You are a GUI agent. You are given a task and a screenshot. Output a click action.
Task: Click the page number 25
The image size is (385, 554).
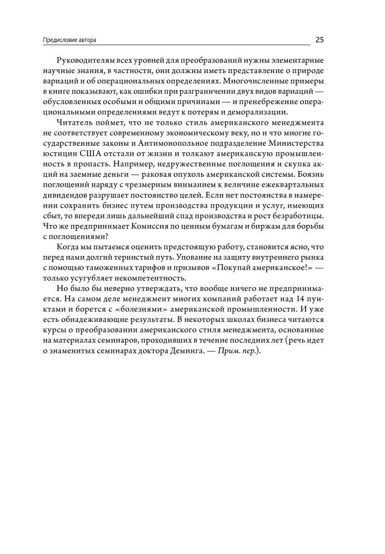[320, 39]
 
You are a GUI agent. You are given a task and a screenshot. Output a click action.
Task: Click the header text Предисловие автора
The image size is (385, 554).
[73, 40]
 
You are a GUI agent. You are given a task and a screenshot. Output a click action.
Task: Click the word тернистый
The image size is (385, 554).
[146, 255]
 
